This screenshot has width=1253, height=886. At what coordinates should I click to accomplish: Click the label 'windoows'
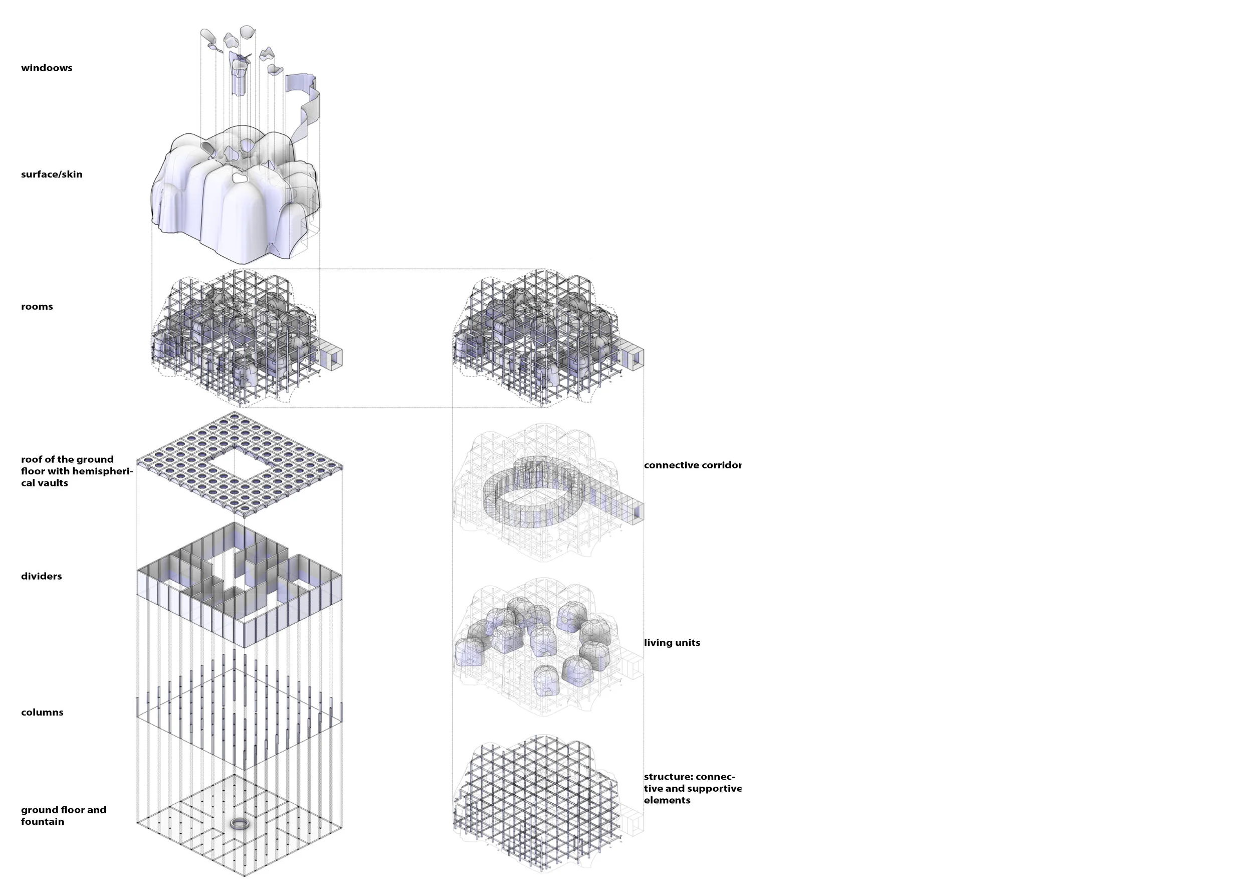tap(47, 68)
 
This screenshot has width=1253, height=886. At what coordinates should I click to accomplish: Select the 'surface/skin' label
tap(52, 174)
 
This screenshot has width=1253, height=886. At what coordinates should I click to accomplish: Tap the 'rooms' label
tap(37, 306)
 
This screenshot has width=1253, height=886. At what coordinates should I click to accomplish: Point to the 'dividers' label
tap(42, 576)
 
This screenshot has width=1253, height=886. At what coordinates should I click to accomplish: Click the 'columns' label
tap(42, 712)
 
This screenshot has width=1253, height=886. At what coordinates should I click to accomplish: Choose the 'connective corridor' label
tap(693, 465)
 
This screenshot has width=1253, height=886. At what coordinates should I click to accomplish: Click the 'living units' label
tap(672, 642)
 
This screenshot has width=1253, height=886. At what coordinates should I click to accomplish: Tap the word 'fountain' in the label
tap(43, 822)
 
